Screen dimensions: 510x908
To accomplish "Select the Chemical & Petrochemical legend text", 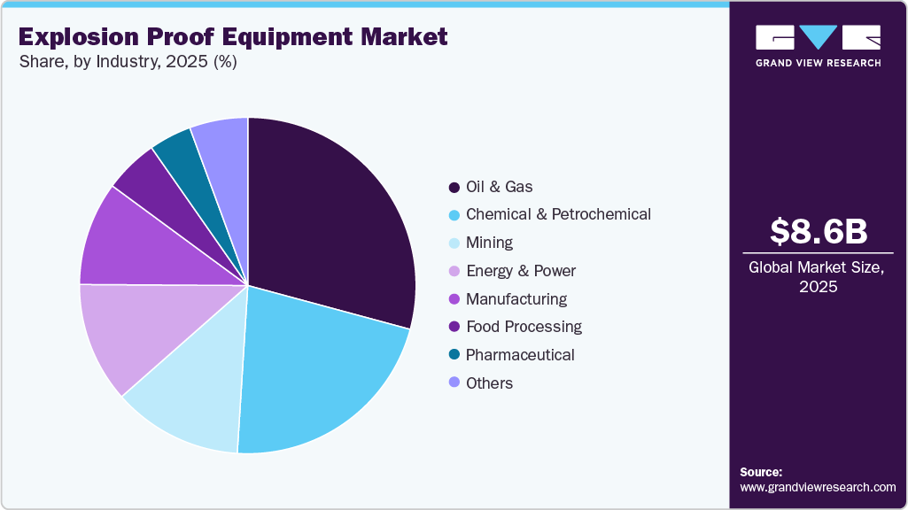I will tap(558, 214).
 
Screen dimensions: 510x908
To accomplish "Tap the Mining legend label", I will tap(489, 243).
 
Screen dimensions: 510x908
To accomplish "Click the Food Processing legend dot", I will tap(454, 327).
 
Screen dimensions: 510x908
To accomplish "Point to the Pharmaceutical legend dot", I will tap(454, 355).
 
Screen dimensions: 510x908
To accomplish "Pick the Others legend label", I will tap(489, 383).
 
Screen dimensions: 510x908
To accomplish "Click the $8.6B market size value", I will tap(818, 232).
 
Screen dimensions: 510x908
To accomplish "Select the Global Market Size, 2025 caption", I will tap(818, 276).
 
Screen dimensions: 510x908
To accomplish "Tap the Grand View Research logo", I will tap(818, 45).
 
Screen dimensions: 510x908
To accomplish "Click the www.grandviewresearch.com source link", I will tap(818, 487).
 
